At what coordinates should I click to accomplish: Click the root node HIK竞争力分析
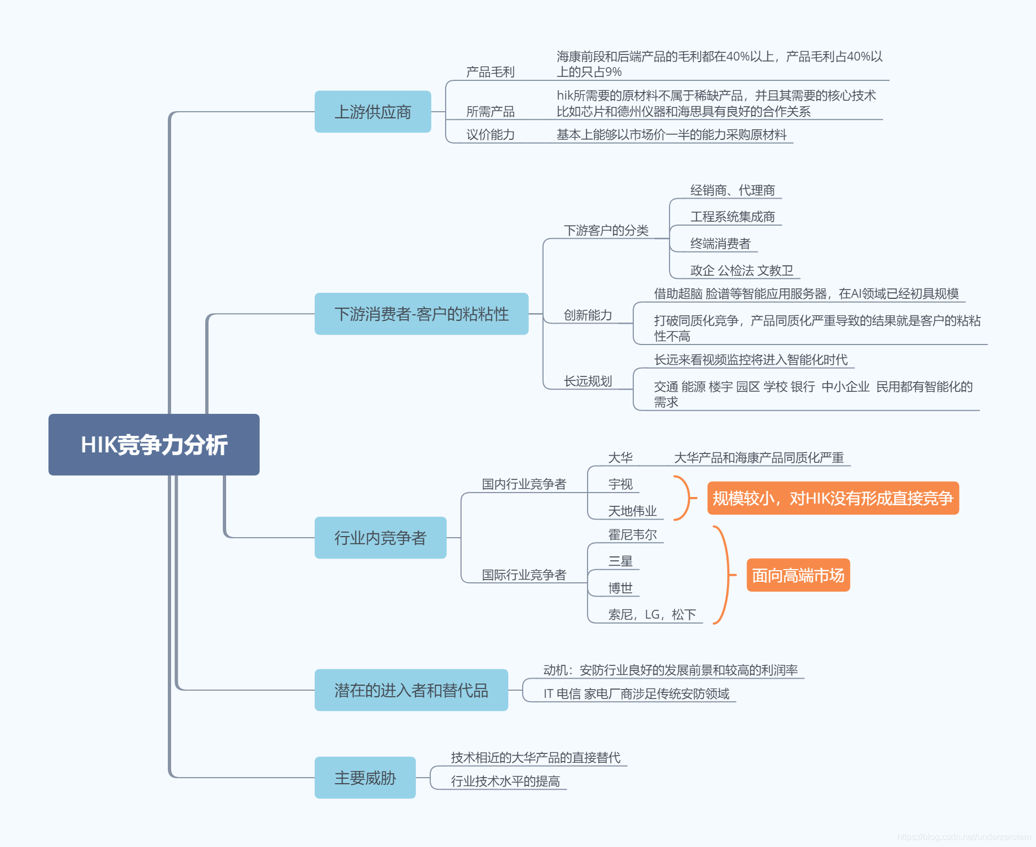tap(154, 445)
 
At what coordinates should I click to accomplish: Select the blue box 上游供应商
tap(372, 112)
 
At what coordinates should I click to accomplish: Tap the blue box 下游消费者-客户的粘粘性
tap(421, 314)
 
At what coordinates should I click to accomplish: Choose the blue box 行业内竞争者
tap(380, 538)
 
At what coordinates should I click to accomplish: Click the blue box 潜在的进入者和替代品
tap(411, 690)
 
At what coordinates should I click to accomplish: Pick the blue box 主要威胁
tap(365, 778)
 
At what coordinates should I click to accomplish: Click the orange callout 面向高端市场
tap(798, 575)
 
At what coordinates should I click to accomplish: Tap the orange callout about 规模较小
tap(832, 498)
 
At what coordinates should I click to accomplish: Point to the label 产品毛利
tap(490, 72)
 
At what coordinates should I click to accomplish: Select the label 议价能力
tap(490, 135)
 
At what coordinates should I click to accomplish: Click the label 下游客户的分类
tap(606, 230)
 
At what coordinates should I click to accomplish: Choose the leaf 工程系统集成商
tap(732, 217)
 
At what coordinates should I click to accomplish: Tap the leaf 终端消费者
tap(720, 243)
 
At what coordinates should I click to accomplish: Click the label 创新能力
tap(588, 315)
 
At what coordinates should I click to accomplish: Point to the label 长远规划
tap(588, 381)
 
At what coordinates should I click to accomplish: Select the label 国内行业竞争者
tap(524, 484)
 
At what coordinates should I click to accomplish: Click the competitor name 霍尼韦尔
tap(632, 534)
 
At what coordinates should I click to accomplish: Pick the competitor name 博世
tap(620, 588)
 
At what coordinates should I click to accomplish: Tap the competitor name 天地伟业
tap(632, 511)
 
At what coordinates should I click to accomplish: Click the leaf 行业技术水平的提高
tap(505, 781)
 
